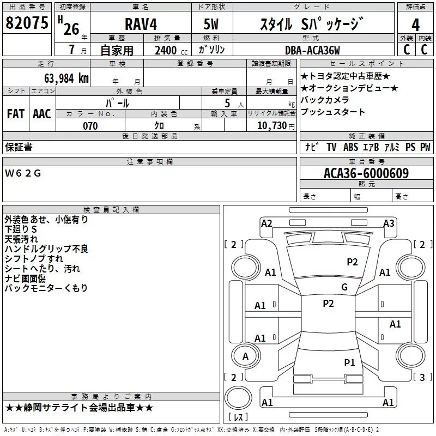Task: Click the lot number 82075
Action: coord(27,23)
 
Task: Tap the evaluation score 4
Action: coord(416,25)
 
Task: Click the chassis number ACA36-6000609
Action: coord(366,173)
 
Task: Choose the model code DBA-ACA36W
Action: coord(312,50)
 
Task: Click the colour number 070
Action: coord(90,126)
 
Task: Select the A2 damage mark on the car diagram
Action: coord(267,223)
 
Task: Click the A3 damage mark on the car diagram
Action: coord(389,223)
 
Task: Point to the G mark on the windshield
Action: coord(344,287)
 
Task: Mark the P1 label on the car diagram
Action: coord(349,362)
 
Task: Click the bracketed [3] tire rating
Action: coord(422,377)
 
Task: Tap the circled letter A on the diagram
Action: coord(245,356)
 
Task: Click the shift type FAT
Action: coord(16,114)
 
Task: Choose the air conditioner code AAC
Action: coord(42,114)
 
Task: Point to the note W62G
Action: coord(22,173)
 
